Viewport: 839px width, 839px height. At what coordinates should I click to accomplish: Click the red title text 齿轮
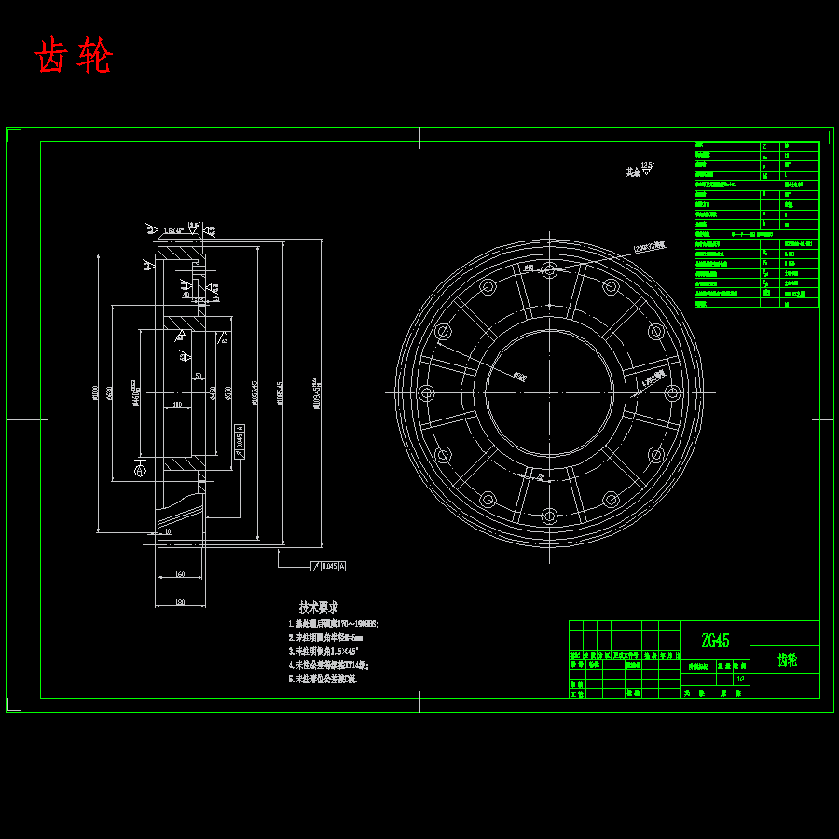[74, 57]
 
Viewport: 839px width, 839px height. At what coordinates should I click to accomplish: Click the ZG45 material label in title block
[715, 640]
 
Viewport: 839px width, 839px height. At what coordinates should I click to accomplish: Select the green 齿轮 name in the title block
[787, 660]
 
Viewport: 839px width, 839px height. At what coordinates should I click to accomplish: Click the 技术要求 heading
[318, 607]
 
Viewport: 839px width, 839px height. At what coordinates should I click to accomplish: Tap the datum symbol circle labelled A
[140, 472]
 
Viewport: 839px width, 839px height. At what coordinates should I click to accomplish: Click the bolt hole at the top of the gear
[549, 270]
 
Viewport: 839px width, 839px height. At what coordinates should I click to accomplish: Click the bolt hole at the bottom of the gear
[549, 515]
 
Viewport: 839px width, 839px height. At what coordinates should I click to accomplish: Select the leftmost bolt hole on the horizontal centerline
[427, 392]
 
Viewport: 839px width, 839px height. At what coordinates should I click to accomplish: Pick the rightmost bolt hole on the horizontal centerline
[671, 392]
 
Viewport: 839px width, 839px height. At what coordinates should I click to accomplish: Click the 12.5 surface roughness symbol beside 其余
[647, 166]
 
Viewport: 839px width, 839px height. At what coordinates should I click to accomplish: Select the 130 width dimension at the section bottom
[179, 603]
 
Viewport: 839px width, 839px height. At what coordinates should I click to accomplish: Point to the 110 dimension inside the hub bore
[177, 406]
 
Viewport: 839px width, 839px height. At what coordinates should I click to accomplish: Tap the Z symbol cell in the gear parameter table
[765, 146]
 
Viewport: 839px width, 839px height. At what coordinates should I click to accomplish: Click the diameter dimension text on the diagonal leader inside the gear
[518, 377]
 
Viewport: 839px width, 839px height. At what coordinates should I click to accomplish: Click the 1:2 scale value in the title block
[740, 679]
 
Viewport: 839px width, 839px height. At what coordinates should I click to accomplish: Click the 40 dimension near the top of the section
[186, 295]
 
